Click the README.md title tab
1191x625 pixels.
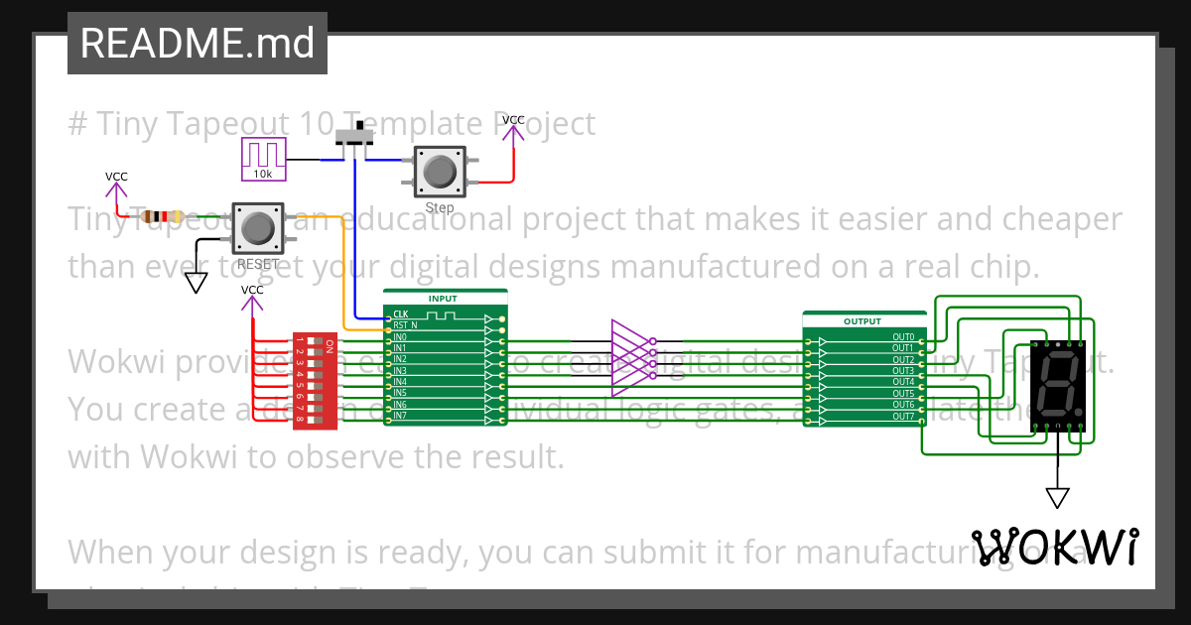pos(197,44)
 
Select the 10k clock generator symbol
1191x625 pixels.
pos(263,159)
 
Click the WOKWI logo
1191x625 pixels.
pos(1054,547)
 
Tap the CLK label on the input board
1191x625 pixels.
pos(400,314)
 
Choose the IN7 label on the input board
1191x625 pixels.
pos(399,416)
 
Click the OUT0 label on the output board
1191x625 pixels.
pos(902,337)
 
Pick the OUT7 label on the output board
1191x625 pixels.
pos(902,417)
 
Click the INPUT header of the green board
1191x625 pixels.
pos(444,298)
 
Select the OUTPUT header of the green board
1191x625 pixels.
pos(861,321)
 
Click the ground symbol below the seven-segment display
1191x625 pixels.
pos(1058,497)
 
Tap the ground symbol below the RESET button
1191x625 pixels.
pos(197,283)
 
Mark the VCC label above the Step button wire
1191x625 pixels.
pos(513,120)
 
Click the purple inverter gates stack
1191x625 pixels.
pos(630,357)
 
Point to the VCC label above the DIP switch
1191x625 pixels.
pos(253,290)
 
